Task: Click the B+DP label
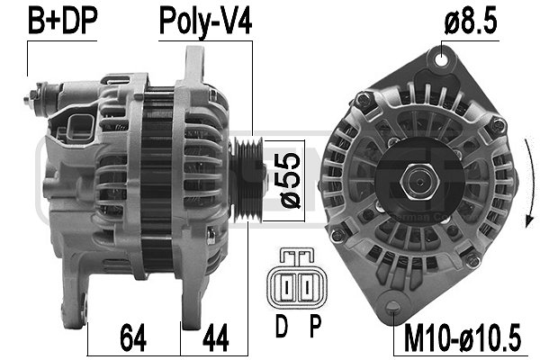[62, 21]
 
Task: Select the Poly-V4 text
[205, 22]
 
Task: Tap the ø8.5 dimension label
[471, 21]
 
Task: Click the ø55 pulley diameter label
[291, 181]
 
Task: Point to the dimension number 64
[133, 337]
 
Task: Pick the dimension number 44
[216, 337]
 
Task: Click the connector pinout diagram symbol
[296, 279]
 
